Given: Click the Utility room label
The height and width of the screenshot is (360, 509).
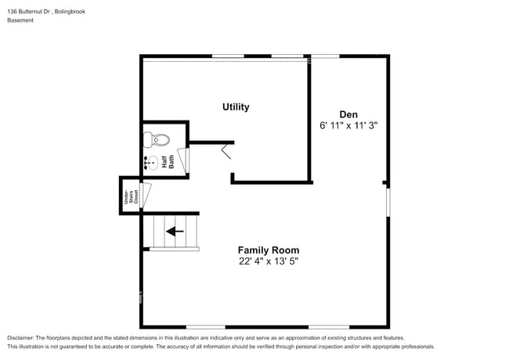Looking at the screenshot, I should tap(236, 106).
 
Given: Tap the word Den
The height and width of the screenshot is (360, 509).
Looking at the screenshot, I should tap(349, 113).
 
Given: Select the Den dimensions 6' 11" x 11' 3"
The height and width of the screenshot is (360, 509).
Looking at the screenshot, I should tap(349, 125).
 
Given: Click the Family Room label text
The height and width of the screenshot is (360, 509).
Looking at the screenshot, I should tap(269, 250).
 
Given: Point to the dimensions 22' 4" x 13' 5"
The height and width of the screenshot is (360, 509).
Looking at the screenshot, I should tap(269, 261).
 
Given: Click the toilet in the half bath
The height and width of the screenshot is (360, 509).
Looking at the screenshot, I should tap(157, 140).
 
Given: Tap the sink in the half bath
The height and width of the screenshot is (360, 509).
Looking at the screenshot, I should tap(150, 164).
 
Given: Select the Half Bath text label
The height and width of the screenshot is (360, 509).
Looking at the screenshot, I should tap(168, 162).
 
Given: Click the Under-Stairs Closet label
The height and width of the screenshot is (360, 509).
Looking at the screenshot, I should tap(126, 196).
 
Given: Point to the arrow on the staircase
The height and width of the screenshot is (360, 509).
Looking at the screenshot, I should tap(175, 232).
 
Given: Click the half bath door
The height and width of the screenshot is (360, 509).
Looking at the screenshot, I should tap(183, 160).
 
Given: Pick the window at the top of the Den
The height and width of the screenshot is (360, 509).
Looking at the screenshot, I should tap(325, 56).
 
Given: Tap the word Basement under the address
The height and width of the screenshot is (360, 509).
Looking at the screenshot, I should tap(20, 20).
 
